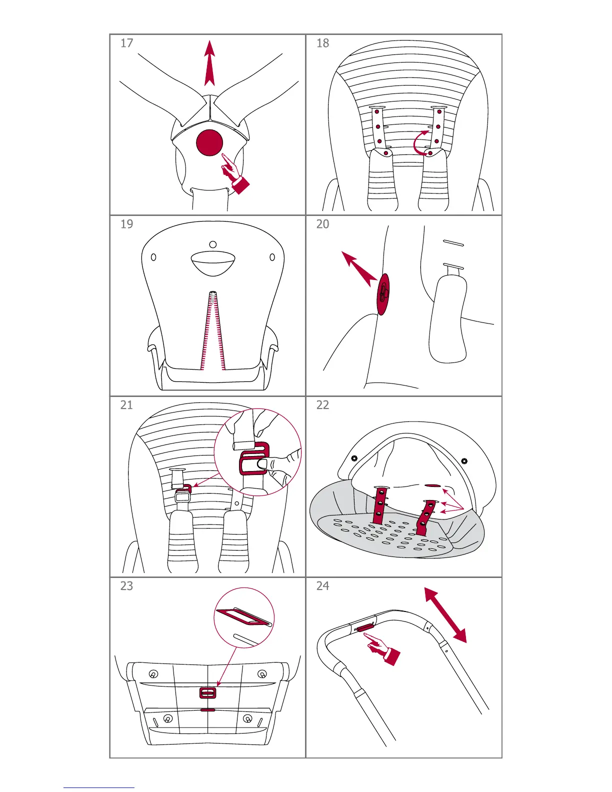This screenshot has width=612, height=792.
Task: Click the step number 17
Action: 126,43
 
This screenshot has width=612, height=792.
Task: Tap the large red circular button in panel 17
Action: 209,142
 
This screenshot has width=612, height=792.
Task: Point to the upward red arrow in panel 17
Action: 209,63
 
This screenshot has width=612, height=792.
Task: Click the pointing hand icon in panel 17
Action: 235,174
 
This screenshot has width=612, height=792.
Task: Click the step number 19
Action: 126,224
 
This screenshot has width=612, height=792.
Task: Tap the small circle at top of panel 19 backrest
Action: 213,244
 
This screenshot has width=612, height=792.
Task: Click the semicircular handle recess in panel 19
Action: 213,262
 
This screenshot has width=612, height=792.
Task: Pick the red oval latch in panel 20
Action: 382,294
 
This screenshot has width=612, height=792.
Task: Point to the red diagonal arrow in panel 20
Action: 359,268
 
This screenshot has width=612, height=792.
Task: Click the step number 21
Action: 126,405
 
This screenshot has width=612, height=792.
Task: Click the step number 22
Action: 322,405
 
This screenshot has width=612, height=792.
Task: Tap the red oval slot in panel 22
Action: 433,485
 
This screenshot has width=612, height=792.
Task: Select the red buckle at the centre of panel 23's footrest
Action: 208,692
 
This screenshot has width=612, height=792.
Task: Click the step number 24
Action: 322,585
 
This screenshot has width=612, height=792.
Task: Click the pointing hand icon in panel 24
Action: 382,649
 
